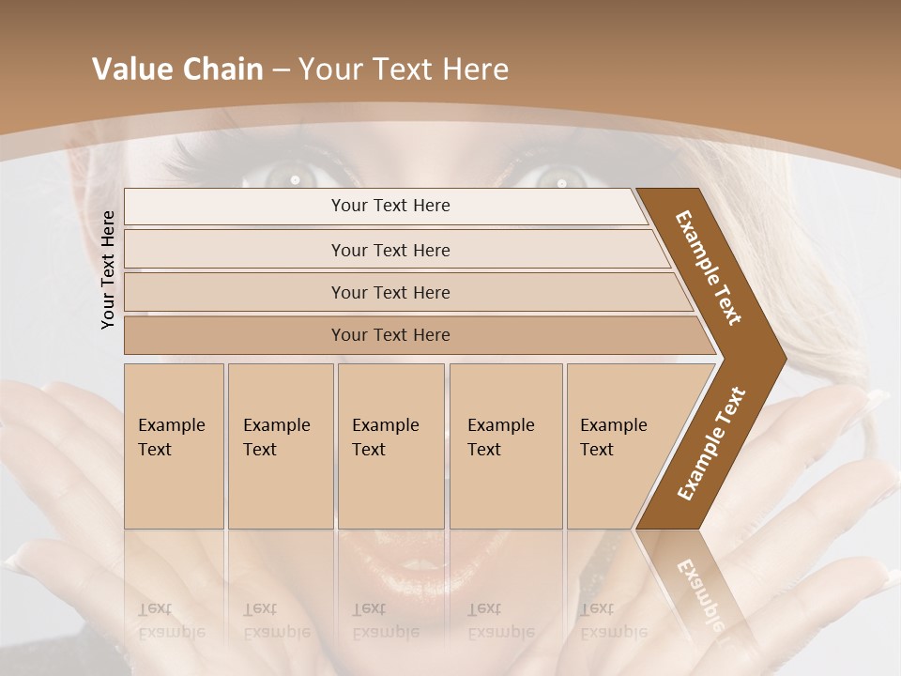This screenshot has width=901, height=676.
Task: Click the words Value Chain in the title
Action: [177, 69]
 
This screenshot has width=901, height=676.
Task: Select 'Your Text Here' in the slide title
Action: [404, 69]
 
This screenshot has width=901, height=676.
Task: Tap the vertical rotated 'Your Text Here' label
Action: [109, 269]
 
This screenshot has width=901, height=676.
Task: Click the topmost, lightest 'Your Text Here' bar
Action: [389, 206]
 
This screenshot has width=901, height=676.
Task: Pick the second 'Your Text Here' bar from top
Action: [389, 250]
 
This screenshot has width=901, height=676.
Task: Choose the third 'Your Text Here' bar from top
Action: [389, 293]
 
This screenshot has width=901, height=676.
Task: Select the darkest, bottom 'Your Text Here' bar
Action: [389, 335]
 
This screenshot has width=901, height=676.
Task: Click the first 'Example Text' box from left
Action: [174, 446]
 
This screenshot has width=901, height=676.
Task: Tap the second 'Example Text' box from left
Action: [281, 446]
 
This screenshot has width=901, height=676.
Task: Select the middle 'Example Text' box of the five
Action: [390, 446]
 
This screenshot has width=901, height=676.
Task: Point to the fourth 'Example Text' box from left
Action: [506, 446]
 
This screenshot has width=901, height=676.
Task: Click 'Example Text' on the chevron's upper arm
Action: [710, 269]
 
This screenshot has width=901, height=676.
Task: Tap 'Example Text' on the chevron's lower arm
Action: [710, 443]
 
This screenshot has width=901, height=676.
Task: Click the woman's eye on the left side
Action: [294, 176]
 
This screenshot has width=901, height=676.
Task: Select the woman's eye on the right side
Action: [560, 177]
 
